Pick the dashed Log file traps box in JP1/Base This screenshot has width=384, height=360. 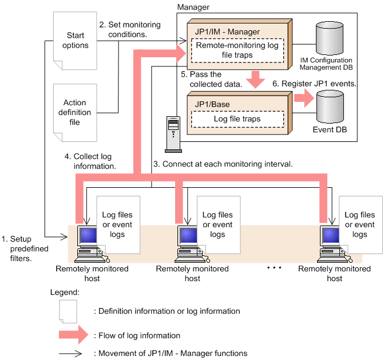tap(237, 119)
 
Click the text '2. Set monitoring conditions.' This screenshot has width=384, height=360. tap(130, 30)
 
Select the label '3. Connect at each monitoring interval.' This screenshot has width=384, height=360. tap(223, 163)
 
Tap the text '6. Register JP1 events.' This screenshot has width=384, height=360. tap(314, 83)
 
